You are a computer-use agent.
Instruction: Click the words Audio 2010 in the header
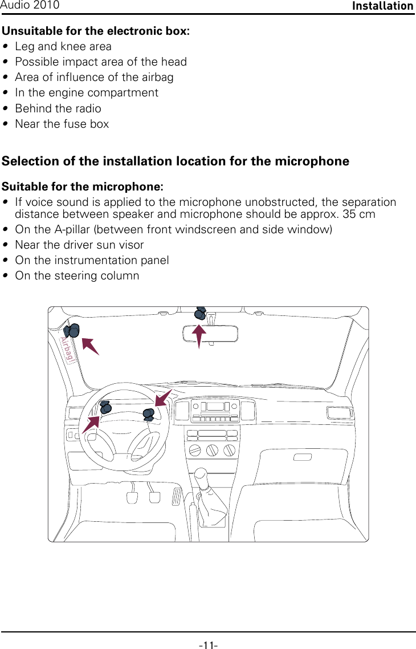tap(30, 5)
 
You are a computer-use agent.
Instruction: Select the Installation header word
tap(382, 6)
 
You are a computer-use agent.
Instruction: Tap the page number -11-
tap(208, 645)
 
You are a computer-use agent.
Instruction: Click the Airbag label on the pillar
tap(67, 350)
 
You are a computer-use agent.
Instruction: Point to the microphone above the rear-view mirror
tap(201, 313)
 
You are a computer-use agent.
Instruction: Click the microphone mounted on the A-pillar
tap(71, 331)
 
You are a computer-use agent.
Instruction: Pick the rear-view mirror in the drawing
tap(210, 333)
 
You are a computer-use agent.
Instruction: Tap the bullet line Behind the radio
tap(58, 108)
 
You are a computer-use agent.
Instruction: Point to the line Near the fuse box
tap(62, 124)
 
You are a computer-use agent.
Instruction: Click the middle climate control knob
tap(211, 450)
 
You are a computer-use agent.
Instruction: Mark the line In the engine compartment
tap(87, 92)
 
